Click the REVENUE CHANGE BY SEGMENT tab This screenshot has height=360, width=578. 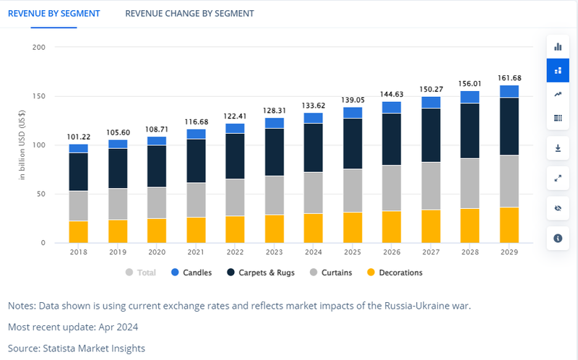(x=189, y=14)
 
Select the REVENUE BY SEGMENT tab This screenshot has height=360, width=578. (x=53, y=14)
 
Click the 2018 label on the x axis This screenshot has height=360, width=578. (x=78, y=252)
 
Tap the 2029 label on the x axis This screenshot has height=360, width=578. (x=509, y=252)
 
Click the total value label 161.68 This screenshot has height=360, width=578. (x=509, y=77)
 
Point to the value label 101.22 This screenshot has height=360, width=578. (x=78, y=137)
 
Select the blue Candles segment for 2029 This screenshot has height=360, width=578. (x=509, y=91)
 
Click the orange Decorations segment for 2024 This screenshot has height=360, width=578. (x=313, y=228)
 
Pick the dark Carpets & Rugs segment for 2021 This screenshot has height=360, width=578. (x=196, y=160)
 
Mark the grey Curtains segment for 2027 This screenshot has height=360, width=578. (x=431, y=186)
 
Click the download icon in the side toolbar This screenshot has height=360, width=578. (x=557, y=149)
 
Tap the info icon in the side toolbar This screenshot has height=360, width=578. (x=557, y=238)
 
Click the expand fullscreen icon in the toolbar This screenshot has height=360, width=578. (x=557, y=178)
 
